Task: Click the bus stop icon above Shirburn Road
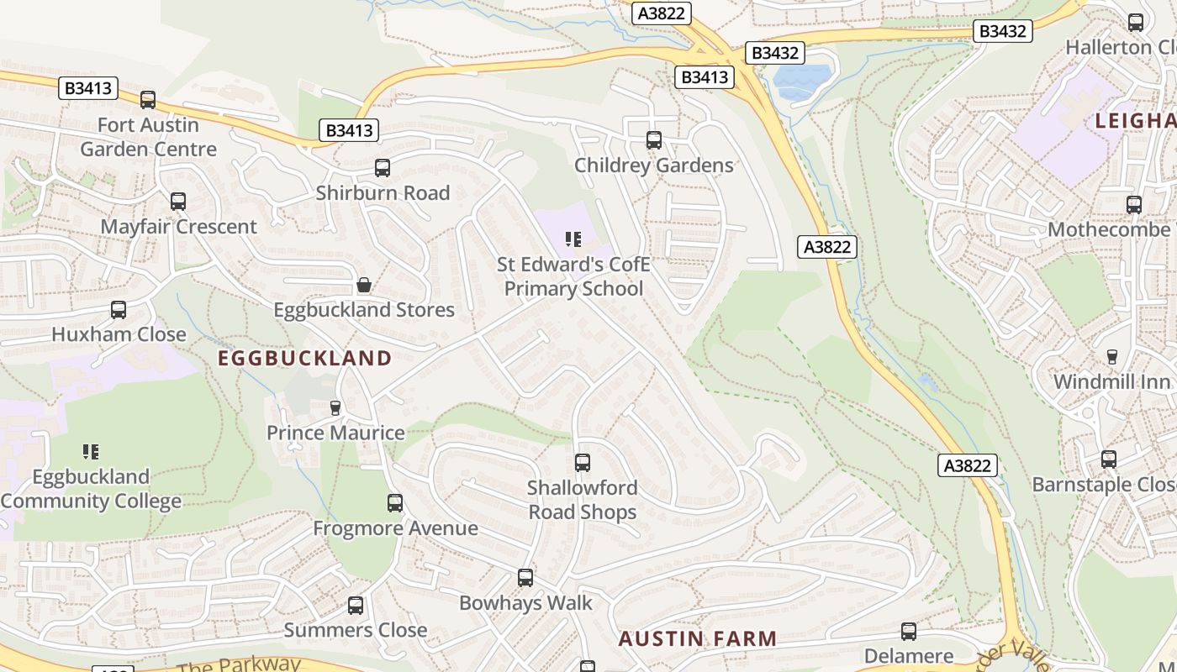click(383, 168)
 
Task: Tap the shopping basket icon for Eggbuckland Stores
click(364, 286)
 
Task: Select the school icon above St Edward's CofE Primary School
click(573, 240)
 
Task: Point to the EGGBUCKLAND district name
click(304, 359)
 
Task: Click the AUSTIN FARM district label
click(698, 638)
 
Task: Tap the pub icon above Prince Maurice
click(335, 408)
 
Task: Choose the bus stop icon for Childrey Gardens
click(653, 140)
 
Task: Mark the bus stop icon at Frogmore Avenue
click(395, 503)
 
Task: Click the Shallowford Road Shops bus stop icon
click(582, 463)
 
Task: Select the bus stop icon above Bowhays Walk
click(525, 578)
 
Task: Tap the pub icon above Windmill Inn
click(1111, 357)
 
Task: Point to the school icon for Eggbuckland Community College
click(91, 452)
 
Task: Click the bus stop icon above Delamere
click(908, 632)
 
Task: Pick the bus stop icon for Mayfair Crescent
click(178, 202)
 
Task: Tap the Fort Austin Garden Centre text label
click(148, 137)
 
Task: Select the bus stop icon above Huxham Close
click(119, 310)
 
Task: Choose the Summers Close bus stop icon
click(356, 606)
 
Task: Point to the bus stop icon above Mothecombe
click(1133, 205)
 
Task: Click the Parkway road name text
click(239, 664)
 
